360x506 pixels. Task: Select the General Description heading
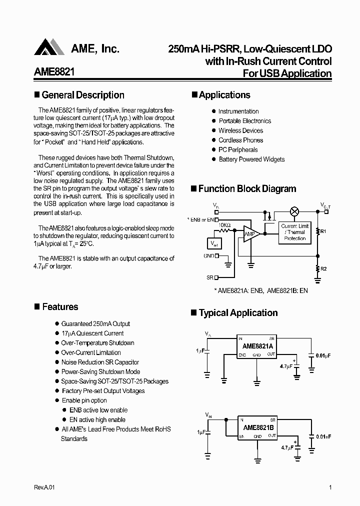pyautogui.click(x=83, y=95)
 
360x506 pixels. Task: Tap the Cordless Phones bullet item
pyautogui.click(x=240, y=140)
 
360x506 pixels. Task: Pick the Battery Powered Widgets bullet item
pyautogui.click(x=251, y=159)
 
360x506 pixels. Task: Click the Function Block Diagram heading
pyautogui.click(x=247, y=189)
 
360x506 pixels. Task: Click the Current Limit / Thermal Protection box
pyautogui.click(x=295, y=232)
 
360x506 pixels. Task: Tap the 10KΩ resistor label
pyautogui.click(x=224, y=225)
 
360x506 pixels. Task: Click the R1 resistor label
pyautogui.click(x=323, y=231)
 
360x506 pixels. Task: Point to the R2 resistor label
pyautogui.click(x=323, y=269)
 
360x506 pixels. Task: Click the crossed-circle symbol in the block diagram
pyautogui.click(x=294, y=211)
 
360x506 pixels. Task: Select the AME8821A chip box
pyautogui.click(x=257, y=346)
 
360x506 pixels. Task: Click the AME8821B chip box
pyautogui.click(x=257, y=428)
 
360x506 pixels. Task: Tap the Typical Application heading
pyautogui.click(x=238, y=313)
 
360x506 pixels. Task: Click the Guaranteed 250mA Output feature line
pyautogui.click(x=95, y=324)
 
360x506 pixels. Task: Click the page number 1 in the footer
pyautogui.click(x=330, y=487)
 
